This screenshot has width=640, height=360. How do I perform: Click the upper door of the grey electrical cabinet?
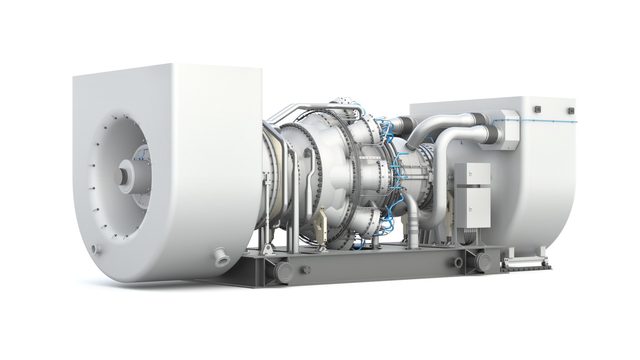(472, 173)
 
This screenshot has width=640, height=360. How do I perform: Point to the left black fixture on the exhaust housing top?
(537, 109)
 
